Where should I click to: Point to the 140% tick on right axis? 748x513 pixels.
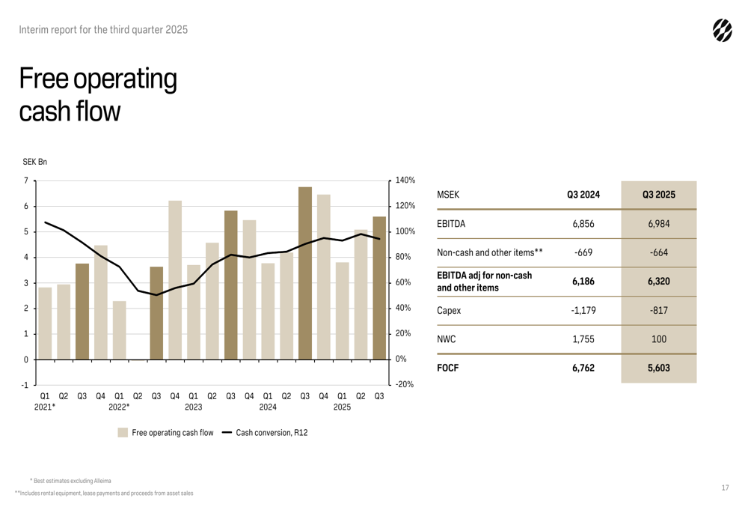coord(405,180)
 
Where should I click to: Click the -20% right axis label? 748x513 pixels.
coord(405,385)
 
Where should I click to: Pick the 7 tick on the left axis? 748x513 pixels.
coord(26,180)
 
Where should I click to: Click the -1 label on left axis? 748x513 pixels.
coord(25,385)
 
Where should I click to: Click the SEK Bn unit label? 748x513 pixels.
coord(34,161)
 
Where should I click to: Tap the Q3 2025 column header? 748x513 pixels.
coord(658,195)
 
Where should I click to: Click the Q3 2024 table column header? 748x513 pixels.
coord(584,195)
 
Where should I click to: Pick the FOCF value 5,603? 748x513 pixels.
coord(658,368)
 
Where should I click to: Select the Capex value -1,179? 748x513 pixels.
coord(584,311)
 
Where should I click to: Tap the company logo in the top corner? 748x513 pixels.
coord(722,30)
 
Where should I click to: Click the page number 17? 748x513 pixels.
coord(725,488)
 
